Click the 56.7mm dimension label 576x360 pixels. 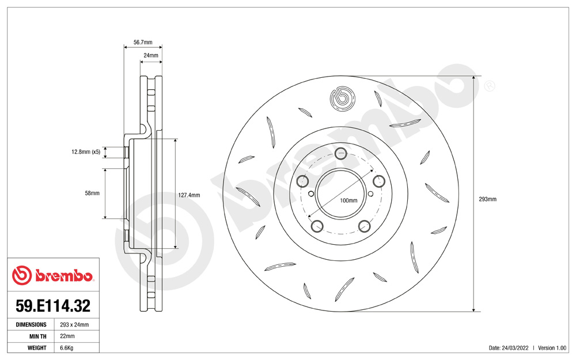[x=142, y=42]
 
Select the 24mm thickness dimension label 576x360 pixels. [x=150, y=55]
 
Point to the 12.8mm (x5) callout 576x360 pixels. [x=86, y=151]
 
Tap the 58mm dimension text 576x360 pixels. [x=92, y=193]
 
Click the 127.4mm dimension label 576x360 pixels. [x=189, y=195]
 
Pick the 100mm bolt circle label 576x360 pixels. [x=348, y=200]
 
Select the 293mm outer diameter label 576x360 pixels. [x=487, y=199]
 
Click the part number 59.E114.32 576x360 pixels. [x=53, y=306]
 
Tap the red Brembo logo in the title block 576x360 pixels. [x=52, y=275]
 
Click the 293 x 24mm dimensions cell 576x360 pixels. [x=74, y=325]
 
